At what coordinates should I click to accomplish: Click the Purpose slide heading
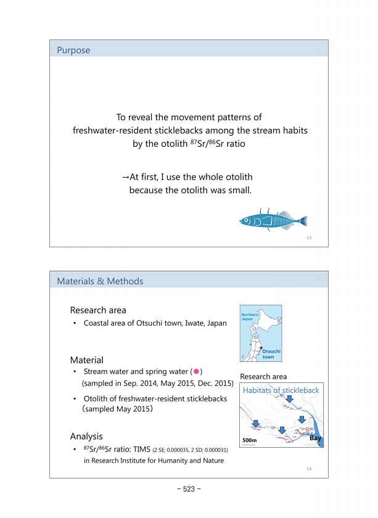73,51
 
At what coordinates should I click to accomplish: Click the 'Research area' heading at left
98,310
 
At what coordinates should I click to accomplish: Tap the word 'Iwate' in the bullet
195,323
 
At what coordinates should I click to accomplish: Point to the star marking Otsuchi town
261,348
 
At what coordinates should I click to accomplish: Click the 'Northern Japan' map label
250,316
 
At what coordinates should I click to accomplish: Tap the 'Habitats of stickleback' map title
281,390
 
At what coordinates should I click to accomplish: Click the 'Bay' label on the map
315,438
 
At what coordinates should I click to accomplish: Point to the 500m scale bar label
251,440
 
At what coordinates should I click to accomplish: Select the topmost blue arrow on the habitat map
289,400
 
